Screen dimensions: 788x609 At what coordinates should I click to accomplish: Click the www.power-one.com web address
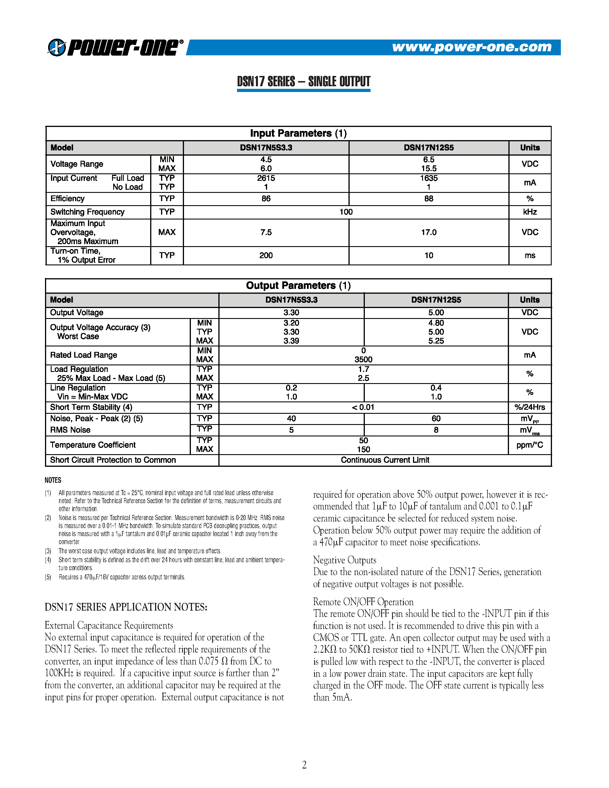(x=471, y=47)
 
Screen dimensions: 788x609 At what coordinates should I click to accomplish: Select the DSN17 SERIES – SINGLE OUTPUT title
(x=303, y=82)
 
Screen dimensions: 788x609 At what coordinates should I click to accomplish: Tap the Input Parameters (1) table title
(x=298, y=133)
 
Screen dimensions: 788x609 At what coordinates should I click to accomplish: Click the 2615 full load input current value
(x=266, y=178)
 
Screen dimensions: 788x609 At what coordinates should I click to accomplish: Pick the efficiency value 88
(x=429, y=199)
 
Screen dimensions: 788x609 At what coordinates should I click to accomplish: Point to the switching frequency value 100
(x=346, y=212)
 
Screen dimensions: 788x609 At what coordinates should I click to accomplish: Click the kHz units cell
(x=530, y=212)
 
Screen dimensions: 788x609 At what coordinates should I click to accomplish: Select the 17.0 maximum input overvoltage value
(x=429, y=232)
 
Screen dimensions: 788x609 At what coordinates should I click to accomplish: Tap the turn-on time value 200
(x=266, y=255)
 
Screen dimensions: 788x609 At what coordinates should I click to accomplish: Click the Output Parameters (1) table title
(x=298, y=285)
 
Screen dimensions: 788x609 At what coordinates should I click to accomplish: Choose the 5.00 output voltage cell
(x=436, y=312)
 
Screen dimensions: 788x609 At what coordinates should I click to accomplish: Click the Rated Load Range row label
(x=84, y=355)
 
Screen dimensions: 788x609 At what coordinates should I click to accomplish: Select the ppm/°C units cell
(x=529, y=445)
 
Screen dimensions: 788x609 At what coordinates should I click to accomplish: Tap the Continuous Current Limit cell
(x=385, y=460)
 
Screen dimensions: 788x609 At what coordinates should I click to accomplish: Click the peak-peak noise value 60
(x=436, y=419)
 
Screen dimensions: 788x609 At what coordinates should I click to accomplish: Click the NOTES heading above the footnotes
(x=53, y=480)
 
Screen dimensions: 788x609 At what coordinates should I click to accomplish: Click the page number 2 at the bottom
(x=304, y=765)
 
